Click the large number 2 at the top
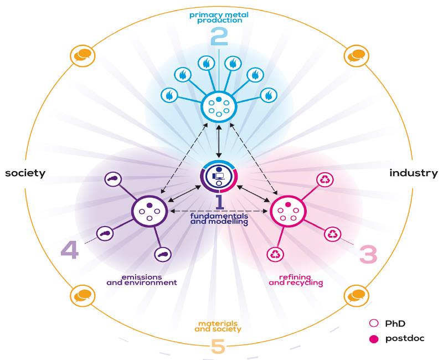[x=219, y=38]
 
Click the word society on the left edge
[x=25, y=173]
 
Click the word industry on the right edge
[x=413, y=173]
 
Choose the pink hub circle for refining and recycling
[x=288, y=212]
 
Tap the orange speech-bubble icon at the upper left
[x=83, y=55]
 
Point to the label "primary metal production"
[x=219, y=17]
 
